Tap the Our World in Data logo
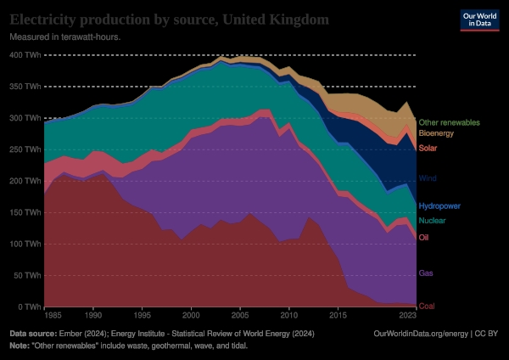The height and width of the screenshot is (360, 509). tap(478, 21)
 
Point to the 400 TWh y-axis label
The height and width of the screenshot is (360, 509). tap(25, 55)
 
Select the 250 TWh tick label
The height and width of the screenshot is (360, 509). tap(25, 149)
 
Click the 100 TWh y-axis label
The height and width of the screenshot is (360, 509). tap(25, 245)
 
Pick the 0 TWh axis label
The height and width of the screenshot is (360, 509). tap(29, 307)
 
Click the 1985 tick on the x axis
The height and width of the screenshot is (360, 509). tap(54, 316)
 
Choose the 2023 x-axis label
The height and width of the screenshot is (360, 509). tap(407, 316)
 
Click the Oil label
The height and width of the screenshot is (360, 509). tap(424, 237)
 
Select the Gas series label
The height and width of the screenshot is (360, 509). tap(427, 273)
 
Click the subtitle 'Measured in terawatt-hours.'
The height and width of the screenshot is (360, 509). tap(64, 38)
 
